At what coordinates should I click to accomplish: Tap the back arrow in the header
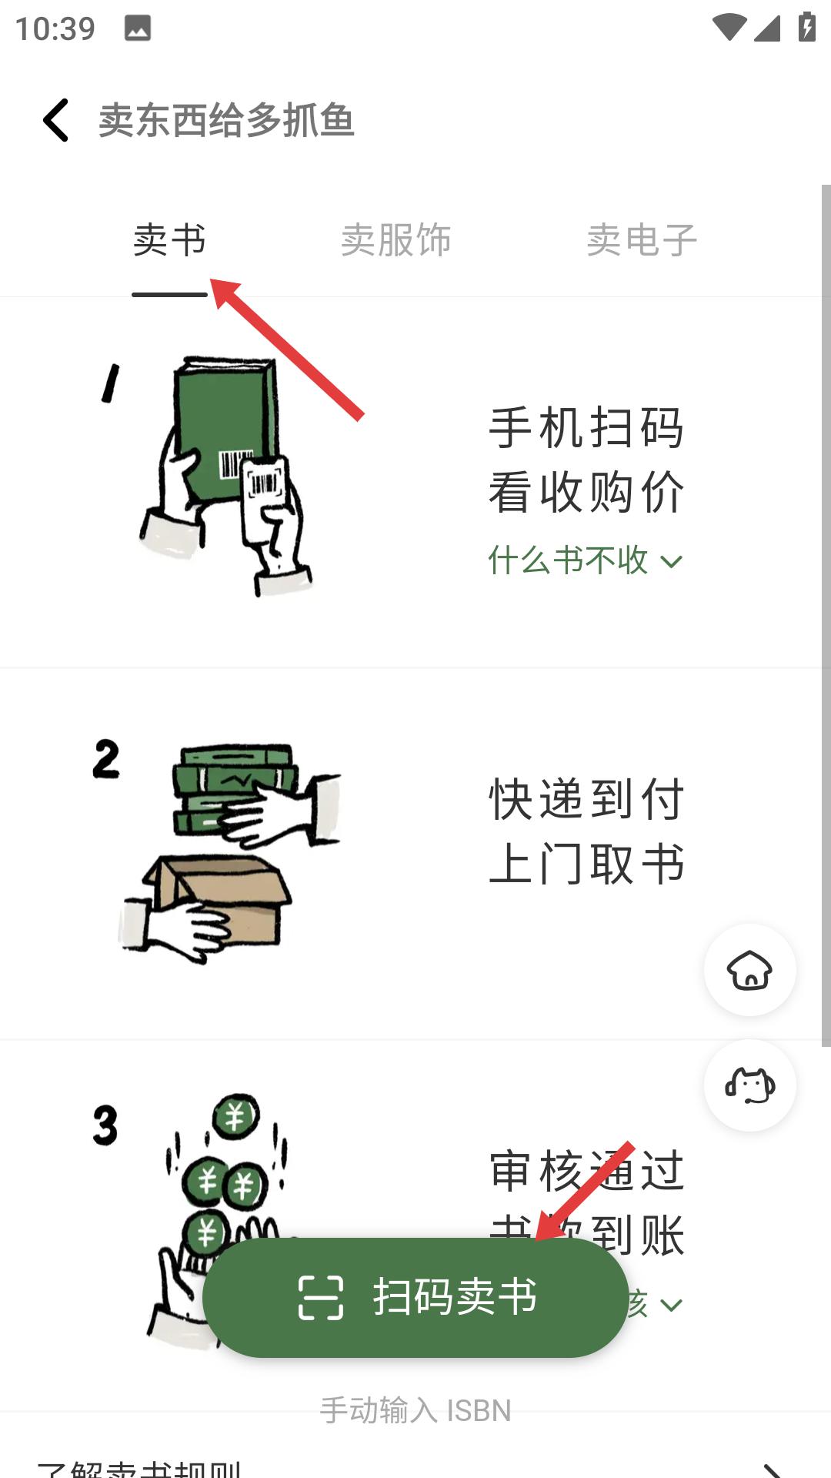56,120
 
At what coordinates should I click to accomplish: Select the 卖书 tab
169,240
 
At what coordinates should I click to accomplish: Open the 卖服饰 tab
395,240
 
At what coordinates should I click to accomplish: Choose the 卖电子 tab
642,240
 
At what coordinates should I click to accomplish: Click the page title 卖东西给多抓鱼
226,121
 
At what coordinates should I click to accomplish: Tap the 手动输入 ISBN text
415,1410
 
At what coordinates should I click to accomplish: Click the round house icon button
750,970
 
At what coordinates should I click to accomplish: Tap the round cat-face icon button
750,1085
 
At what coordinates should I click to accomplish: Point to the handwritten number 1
111,383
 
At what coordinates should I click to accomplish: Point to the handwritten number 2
106,759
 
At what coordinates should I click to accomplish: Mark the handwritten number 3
105,1125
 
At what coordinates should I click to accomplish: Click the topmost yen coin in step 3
235,1116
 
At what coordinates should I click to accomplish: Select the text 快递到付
586,799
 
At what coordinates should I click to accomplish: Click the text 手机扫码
586,428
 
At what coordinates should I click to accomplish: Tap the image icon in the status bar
138,28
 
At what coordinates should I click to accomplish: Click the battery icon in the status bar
806,28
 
